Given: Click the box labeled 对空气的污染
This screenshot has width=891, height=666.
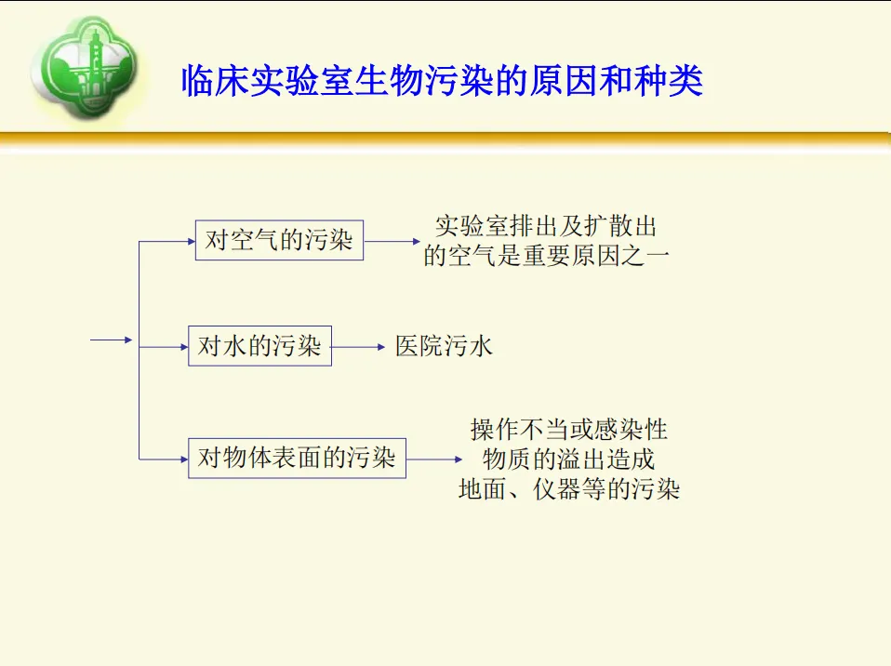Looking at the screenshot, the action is [x=279, y=241].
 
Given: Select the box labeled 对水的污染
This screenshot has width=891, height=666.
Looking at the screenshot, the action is [x=259, y=347].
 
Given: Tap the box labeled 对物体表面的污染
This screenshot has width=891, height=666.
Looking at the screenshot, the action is [x=297, y=458].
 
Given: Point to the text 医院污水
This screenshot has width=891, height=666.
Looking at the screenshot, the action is [x=444, y=347].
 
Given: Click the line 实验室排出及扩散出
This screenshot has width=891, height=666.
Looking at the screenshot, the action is [x=546, y=227].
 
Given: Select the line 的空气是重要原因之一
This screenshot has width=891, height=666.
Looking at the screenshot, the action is [x=546, y=256].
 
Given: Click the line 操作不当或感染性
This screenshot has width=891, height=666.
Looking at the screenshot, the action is [x=568, y=430].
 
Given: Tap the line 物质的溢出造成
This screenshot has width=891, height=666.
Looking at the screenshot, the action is [x=568, y=459].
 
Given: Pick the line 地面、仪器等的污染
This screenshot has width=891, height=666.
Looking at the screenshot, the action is [x=568, y=488].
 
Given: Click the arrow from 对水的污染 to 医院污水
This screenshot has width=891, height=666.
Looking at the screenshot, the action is [x=358, y=347].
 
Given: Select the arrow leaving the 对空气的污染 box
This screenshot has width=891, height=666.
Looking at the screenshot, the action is [x=392, y=241].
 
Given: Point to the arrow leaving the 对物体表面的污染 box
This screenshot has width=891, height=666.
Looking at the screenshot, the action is [x=434, y=459].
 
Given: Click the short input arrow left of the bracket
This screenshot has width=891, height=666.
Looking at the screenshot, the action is [x=113, y=340].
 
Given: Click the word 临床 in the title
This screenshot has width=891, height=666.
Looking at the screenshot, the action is [x=206, y=82].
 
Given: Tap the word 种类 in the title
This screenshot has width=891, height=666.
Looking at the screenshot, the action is [x=676, y=82].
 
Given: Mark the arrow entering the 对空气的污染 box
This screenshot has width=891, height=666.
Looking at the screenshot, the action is [x=167, y=241].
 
